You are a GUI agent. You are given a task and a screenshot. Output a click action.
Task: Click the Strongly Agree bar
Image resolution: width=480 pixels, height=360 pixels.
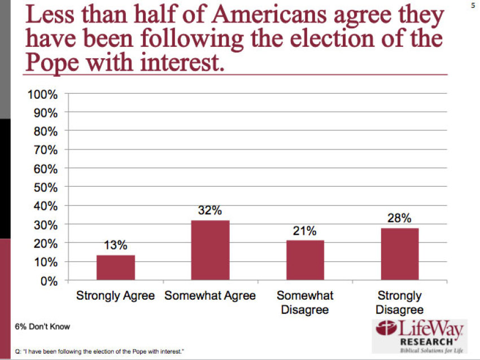point(116,267)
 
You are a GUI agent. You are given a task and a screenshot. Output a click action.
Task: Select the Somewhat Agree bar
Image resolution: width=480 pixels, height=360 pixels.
point(210,250)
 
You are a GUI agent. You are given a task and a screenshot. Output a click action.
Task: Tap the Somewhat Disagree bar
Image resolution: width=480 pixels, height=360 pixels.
point(305,260)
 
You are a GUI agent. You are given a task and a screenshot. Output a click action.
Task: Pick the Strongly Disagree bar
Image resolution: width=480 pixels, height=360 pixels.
point(399,254)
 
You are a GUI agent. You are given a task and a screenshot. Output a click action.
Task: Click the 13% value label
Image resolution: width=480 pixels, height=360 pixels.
point(115,245)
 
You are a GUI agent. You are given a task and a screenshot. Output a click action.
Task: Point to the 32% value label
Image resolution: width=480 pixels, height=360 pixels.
point(210,210)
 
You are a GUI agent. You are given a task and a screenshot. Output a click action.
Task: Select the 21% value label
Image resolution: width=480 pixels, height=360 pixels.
point(305,231)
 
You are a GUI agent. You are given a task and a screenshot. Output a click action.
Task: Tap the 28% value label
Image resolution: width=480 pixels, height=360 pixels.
point(399,218)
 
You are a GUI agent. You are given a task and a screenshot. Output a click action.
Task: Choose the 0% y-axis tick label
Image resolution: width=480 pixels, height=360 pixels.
point(49,280)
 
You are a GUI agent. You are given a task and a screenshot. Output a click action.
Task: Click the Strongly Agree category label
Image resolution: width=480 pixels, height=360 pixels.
point(116,296)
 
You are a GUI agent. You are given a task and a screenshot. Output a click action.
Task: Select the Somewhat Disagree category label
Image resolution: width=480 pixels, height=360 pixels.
point(305,302)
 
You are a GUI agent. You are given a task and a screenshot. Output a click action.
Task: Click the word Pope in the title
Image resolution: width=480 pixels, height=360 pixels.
point(51,61)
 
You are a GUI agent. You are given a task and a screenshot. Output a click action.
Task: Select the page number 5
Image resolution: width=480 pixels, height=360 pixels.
point(473,5)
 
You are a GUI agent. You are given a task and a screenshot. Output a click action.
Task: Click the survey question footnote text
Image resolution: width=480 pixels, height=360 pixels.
point(101,351)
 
